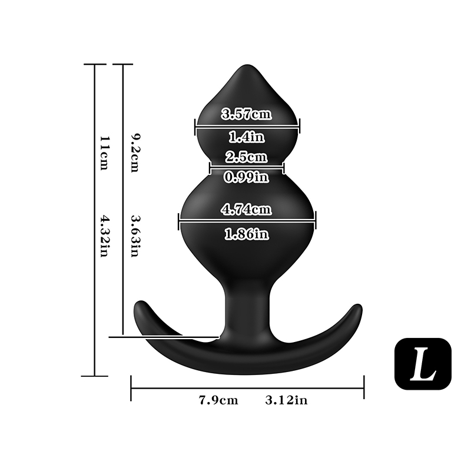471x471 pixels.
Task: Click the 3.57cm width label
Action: (x=246, y=114)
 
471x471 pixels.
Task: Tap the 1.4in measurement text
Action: (x=247, y=137)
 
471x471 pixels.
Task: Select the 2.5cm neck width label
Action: (x=246, y=157)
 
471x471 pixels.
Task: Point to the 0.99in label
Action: (x=246, y=177)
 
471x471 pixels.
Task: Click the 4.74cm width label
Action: (x=246, y=209)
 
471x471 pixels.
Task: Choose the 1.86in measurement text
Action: (x=247, y=234)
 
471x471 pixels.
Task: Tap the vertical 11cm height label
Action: (x=104, y=153)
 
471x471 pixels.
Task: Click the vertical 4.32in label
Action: (x=104, y=236)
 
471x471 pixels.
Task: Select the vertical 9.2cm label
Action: (x=135, y=153)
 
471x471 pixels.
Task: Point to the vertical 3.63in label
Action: (x=135, y=236)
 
